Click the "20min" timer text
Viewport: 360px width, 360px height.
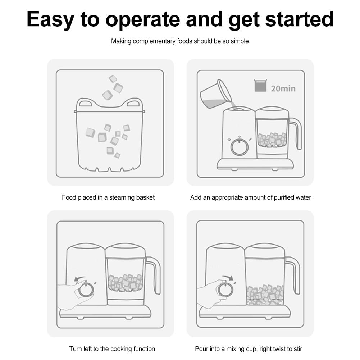[x=283, y=88]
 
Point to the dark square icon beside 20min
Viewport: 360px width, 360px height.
[x=260, y=86]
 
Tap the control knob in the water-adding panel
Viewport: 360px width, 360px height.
[x=238, y=147]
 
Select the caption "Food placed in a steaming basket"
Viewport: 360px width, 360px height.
[x=108, y=197]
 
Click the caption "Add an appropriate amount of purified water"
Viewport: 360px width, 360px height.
[x=250, y=197]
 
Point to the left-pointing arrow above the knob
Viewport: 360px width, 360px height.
[x=79, y=279]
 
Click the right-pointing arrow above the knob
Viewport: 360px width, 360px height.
[x=227, y=277]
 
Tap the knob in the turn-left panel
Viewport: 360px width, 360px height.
[x=86, y=290]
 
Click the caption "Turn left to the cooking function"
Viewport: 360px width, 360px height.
[x=112, y=349]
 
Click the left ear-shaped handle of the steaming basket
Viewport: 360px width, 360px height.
[x=85, y=104]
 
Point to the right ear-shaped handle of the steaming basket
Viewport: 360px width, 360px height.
[x=133, y=104]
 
